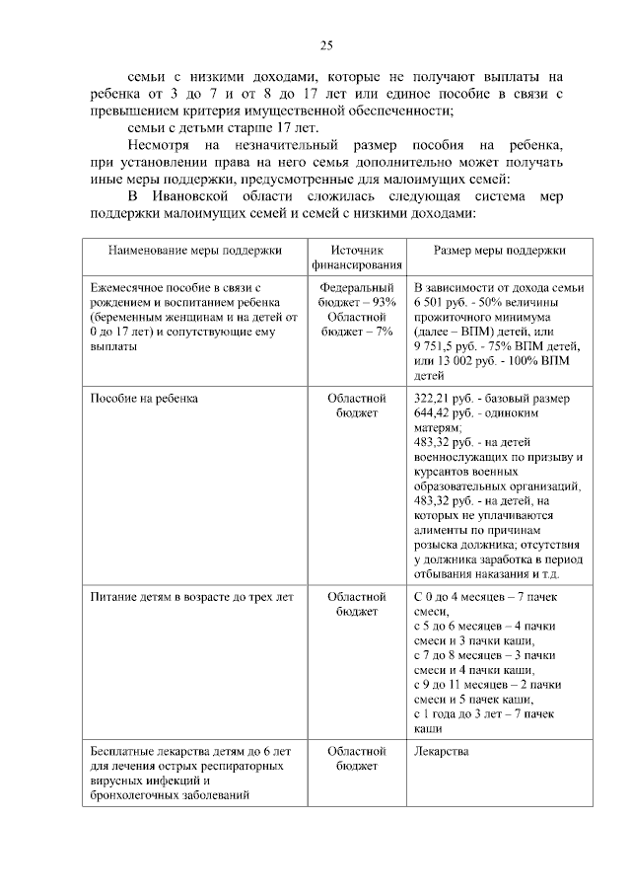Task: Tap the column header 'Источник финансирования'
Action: (x=356, y=258)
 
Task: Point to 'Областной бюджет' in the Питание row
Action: (x=356, y=604)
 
